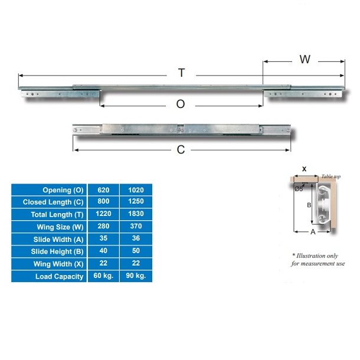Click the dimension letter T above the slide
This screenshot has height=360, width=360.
pos(182,73)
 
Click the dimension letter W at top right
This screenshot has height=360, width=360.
pos(305,59)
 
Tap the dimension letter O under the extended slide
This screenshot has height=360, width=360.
pos(181,104)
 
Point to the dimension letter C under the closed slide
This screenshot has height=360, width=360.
pos(181,149)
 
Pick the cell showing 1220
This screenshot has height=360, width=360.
pos(103,215)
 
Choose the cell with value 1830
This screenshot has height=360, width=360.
pos(136,215)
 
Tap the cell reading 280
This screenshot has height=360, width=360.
pos(103,227)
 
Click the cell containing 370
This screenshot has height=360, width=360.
pos(136,227)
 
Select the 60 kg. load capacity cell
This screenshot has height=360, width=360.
pos(103,276)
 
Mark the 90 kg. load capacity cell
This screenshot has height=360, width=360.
pos(136,276)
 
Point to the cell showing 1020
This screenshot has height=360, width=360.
pos(136,190)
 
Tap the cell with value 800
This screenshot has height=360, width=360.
pos(103,202)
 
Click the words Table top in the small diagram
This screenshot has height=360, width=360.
pos(331,176)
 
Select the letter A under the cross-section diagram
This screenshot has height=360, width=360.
pos(313,232)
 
